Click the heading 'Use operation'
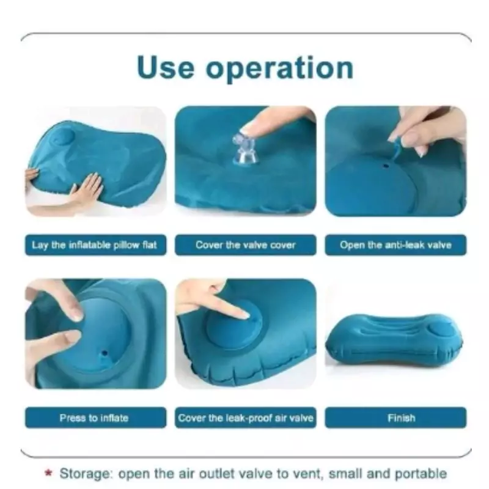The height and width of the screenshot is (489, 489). click(x=245, y=68)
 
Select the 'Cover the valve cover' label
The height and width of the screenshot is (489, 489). click(x=246, y=245)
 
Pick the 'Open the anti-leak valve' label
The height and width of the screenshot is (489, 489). click(x=395, y=245)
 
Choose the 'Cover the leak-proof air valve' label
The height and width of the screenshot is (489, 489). click(x=246, y=417)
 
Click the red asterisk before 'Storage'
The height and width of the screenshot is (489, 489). click(x=48, y=472)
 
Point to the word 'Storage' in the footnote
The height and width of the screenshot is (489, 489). click(x=86, y=474)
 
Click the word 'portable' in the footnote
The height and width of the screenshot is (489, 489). click(x=421, y=474)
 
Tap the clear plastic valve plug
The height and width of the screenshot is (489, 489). click(x=246, y=149)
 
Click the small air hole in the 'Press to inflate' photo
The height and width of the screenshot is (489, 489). click(x=105, y=354)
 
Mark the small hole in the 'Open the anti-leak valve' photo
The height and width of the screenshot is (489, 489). click(x=386, y=166)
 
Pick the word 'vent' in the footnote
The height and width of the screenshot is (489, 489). click(x=306, y=474)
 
